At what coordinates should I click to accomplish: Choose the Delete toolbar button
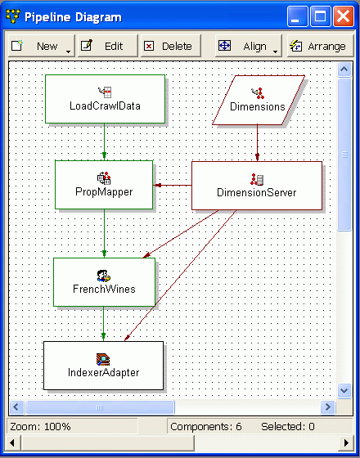pyautogui.click(x=169, y=47)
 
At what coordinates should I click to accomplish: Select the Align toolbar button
pyautogui.click(x=246, y=47)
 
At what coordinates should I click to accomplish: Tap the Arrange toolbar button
pyautogui.click(x=317, y=47)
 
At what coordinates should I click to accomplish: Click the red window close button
pyautogui.click(x=344, y=16)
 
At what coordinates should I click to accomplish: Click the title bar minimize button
pyautogui.click(x=299, y=16)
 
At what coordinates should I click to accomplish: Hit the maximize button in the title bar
pyautogui.click(x=322, y=16)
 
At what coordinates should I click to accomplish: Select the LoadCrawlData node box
pyautogui.click(x=105, y=99)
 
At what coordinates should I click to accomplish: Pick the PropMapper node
pyautogui.click(x=104, y=185)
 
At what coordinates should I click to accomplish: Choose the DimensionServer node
pyautogui.click(x=256, y=186)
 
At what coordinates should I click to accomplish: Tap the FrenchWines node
pyautogui.click(x=103, y=282)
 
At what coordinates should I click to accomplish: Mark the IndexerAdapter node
pyautogui.click(x=103, y=366)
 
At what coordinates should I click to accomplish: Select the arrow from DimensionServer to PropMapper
pyautogui.click(x=173, y=185)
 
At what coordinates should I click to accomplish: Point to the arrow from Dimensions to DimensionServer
pyautogui.click(x=258, y=142)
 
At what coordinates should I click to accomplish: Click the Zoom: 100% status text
pyautogui.click(x=41, y=426)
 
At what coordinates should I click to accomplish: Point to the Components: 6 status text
pyautogui.click(x=205, y=426)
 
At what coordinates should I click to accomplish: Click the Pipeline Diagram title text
pyautogui.click(x=73, y=16)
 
